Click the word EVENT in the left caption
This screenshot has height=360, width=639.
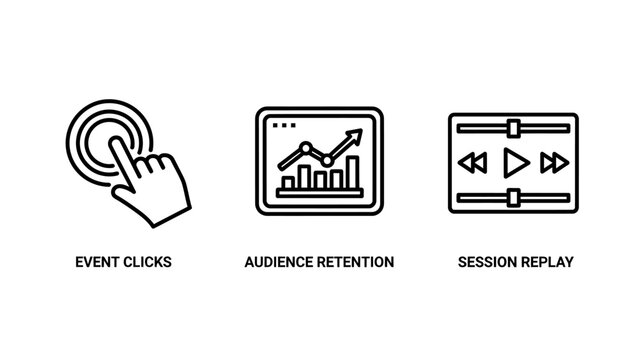click(96, 262)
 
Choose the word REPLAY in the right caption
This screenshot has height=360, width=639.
click(548, 262)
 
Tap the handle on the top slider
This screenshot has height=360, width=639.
click(514, 127)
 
